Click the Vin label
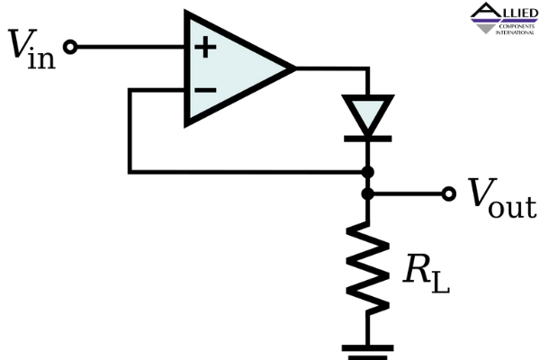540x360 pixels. click(x=31, y=49)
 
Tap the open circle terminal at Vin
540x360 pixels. click(x=70, y=47)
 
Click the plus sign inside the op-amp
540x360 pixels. click(x=205, y=47)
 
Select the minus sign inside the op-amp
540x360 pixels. click(x=205, y=90)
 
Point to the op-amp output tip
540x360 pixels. click(x=295, y=68)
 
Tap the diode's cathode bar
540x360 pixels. click(x=368, y=139)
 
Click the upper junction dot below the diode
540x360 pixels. click(x=368, y=172)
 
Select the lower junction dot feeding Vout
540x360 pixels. click(x=368, y=194)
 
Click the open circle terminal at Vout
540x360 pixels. click(x=449, y=194)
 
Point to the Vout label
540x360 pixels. click(x=502, y=198)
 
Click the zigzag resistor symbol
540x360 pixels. click(x=368, y=269)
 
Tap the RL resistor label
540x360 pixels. click(x=427, y=274)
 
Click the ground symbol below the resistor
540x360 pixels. click(x=368, y=352)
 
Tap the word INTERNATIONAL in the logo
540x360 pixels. click(x=515, y=32)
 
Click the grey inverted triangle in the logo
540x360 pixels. click(x=486, y=29)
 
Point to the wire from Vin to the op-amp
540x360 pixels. click(x=131, y=47)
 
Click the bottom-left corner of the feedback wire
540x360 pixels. click(x=130, y=172)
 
